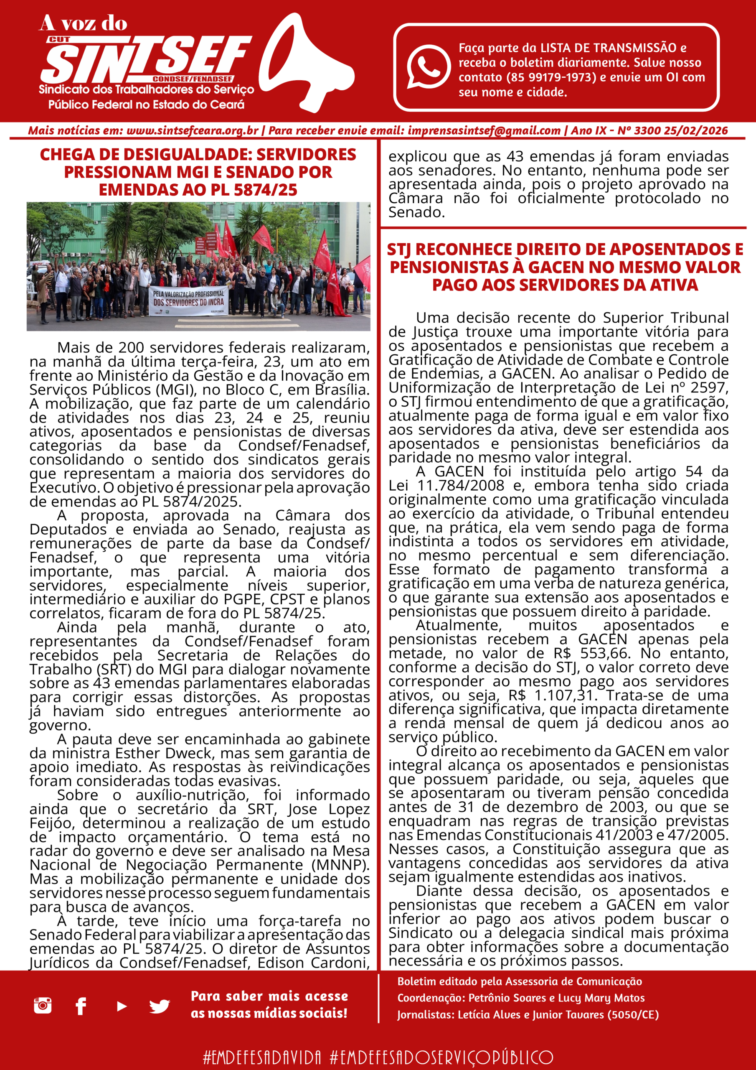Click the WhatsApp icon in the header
click(428, 66)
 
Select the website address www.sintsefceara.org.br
click(192, 130)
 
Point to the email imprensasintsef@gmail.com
click(484, 130)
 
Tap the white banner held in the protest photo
click(189, 301)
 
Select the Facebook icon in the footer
click(81, 1006)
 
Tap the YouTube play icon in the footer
click(122, 1006)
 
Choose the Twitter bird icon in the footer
click(159, 1006)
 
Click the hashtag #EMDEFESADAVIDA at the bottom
click(262, 1057)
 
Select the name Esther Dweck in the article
click(167, 753)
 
